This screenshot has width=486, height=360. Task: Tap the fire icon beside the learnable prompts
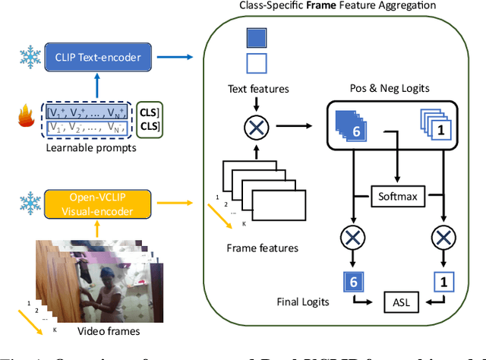tap(23, 119)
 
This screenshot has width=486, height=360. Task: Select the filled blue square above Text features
tap(257, 38)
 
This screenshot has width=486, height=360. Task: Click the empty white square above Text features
tap(257, 63)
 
